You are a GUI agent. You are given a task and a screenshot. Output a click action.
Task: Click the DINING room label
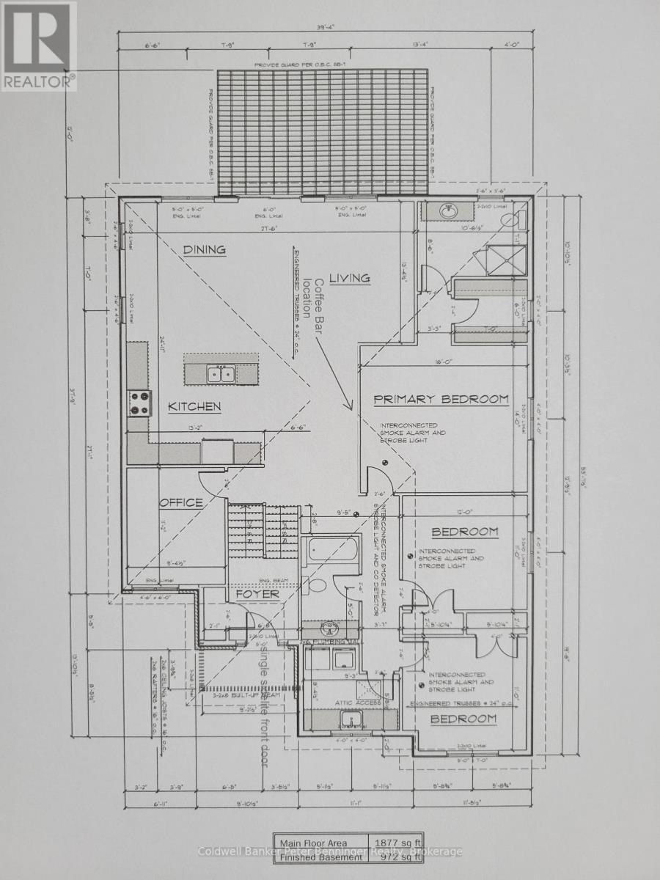205,249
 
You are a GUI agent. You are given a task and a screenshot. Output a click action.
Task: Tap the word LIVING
349,278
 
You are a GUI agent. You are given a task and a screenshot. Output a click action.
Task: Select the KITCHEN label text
194,406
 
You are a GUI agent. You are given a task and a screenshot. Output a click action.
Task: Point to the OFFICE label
181,502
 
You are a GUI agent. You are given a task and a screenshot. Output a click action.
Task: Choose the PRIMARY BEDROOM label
441,399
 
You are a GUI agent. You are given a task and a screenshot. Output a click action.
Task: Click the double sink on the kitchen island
219,374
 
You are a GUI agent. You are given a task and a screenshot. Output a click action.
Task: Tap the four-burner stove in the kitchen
140,403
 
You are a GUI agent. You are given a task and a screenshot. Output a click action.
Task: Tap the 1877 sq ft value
395,843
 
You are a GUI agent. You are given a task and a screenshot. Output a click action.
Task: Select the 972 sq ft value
395,855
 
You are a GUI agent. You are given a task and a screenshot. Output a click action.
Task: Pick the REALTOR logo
38,45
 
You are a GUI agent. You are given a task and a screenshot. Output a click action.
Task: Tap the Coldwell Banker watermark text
330,851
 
